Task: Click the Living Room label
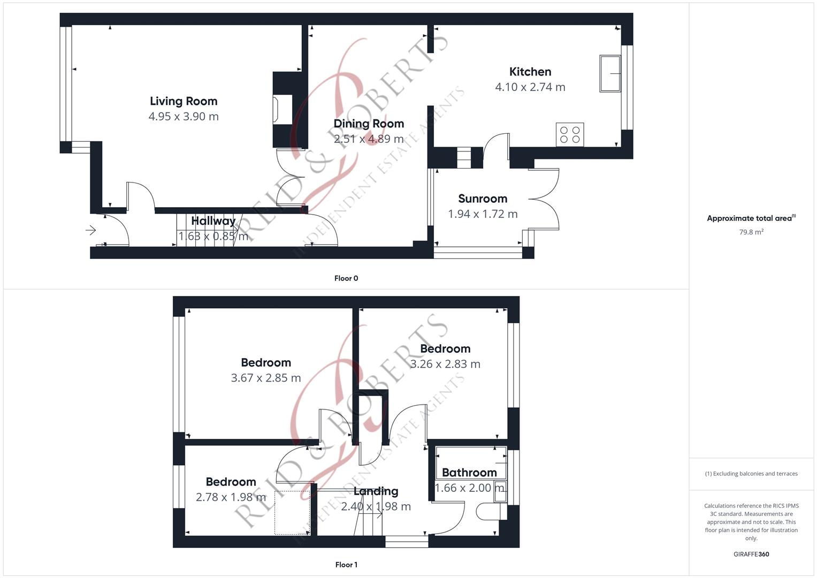184,101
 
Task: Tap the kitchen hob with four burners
570,135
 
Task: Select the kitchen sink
610,73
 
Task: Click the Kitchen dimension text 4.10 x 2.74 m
530,87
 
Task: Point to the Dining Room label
369,124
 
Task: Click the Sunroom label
483,199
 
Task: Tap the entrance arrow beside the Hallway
90,230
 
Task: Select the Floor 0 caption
346,278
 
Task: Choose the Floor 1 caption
346,565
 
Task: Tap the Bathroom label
469,473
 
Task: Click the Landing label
376,491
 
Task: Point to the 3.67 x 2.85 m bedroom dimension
266,378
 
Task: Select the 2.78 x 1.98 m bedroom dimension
231,497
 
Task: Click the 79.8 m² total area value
751,232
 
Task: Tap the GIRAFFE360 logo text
751,554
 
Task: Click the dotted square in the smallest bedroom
292,512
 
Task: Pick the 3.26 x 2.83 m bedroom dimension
445,364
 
